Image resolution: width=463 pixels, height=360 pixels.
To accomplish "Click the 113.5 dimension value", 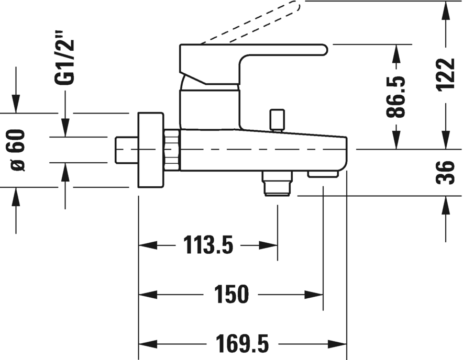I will click(x=208, y=244).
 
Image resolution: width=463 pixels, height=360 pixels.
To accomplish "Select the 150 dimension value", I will click(x=230, y=295).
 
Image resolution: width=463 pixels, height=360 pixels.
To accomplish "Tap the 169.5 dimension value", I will click(x=242, y=344).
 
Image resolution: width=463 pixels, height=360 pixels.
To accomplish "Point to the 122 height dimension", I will click(x=445, y=75).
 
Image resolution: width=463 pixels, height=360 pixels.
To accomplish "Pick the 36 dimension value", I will click(x=445, y=172).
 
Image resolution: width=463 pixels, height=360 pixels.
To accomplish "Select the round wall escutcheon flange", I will click(x=150, y=150).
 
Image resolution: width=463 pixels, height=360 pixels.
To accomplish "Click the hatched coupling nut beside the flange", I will click(x=171, y=150).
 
